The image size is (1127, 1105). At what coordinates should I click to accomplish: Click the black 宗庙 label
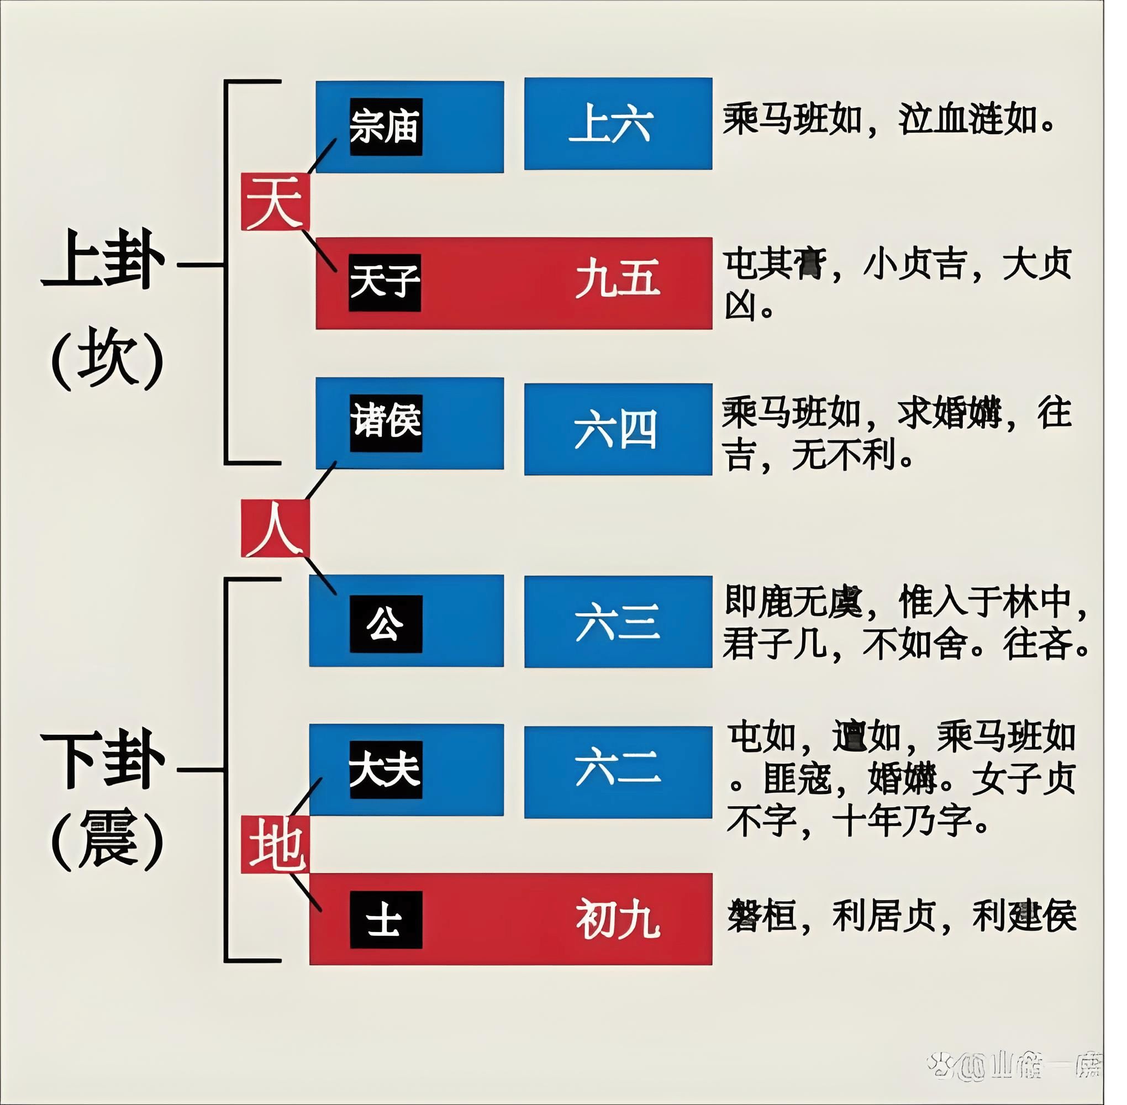click(x=386, y=127)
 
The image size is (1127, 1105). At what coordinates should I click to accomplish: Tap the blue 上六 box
click(x=618, y=124)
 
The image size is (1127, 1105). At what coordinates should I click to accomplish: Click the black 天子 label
click(x=385, y=283)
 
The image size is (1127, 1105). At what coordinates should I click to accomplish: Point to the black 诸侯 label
click(x=386, y=423)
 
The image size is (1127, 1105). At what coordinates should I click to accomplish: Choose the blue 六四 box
click(x=618, y=429)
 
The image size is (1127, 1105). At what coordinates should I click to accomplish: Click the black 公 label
click(x=386, y=623)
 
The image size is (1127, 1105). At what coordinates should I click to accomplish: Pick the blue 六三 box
click(x=618, y=622)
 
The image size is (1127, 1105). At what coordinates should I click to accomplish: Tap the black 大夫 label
click(x=386, y=770)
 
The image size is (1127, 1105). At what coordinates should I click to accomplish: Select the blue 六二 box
click(x=618, y=772)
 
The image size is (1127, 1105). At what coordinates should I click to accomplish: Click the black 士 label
click(x=386, y=920)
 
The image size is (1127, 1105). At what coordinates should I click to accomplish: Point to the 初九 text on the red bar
click(x=618, y=919)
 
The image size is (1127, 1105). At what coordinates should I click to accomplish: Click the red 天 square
click(x=275, y=202)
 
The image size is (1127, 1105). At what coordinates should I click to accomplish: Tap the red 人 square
click(x=275, y=528)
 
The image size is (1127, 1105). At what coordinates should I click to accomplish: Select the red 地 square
click(x=275, y=844)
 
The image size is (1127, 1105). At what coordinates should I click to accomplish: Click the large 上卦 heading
click(x=103, y=260)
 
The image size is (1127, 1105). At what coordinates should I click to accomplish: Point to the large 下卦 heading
click(x=103, y=760)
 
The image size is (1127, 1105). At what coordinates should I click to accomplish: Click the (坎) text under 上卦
click(x=108, y=360)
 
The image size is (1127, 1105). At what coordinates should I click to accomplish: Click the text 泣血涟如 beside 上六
click(x=967, y=120)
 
